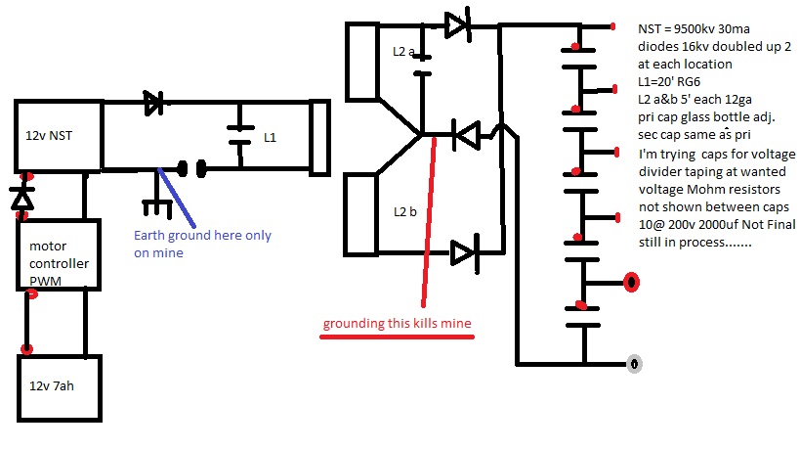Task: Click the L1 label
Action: click(x=270, y=137)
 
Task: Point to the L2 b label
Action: click(x=405, y=211)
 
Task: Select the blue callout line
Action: click(x=177, y=198)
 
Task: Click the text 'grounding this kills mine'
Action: click(x=397, y=324)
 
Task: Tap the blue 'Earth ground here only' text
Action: click(x=202, y=236)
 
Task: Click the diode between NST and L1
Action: click(x=153, y=103)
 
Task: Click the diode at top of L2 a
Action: click(x=458, y=25)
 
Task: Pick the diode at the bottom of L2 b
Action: click(x=465, y=253)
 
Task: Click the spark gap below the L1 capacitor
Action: click(x=191, y=168)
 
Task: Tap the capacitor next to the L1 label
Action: click(x=240, y=135)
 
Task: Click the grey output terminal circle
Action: click(x=634, y=364)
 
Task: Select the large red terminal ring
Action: click(x=632, y=283)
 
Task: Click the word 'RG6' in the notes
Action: click(x=689, y=82)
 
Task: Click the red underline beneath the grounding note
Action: click(x=397, y=337)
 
